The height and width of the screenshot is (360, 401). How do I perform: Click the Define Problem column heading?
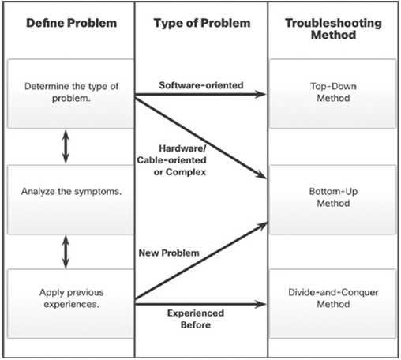tap(71, 23)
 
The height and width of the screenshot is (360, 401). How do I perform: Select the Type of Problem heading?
tap(202, 23)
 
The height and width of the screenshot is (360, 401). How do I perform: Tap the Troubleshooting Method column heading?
tap(333, 28)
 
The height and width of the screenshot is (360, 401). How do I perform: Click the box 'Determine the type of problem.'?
tap(71, 94)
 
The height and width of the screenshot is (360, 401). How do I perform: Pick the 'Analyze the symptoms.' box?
tap(71, 200)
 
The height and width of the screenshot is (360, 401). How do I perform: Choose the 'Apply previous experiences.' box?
tap(71, 304)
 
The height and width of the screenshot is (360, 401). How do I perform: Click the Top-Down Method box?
tap(333, 94)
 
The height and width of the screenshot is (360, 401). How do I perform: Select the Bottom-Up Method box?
tap(333, 200)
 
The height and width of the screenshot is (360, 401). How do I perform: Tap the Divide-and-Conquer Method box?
tap(333, 304)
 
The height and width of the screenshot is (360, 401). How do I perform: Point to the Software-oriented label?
tap(201, 85)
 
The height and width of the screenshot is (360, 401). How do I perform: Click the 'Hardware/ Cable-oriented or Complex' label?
tap(172, 160)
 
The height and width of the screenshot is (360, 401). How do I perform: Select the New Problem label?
tap(169, 253)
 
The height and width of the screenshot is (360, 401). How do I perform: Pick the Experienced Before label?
tap(196, 319)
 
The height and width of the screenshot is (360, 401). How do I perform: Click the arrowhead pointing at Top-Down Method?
tap(261, 94)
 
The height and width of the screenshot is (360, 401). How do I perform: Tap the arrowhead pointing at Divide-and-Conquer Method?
tap(261, 304)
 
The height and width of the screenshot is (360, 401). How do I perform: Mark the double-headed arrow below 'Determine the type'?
tap(66, 147)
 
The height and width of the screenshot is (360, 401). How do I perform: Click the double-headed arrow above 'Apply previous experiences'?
tap(66, 252)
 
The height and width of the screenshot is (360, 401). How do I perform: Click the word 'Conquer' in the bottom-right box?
tap(362, 292)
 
